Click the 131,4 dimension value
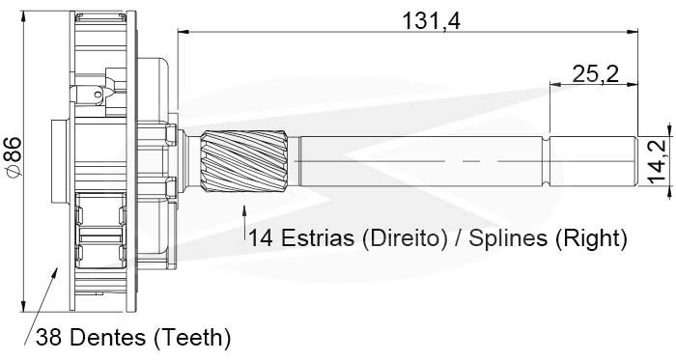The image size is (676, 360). [x=432, y=20]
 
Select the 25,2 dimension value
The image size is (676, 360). [x=596, y=73]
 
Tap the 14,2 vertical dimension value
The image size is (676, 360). [x=658, y=161]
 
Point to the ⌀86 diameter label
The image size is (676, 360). [x=13, y=156]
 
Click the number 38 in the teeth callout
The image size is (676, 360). [x=49, y=337]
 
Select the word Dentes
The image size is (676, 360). [x=108, y=337]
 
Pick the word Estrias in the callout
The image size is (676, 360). [x=318, y=237]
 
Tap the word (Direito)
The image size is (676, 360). [x=405, y=238]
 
